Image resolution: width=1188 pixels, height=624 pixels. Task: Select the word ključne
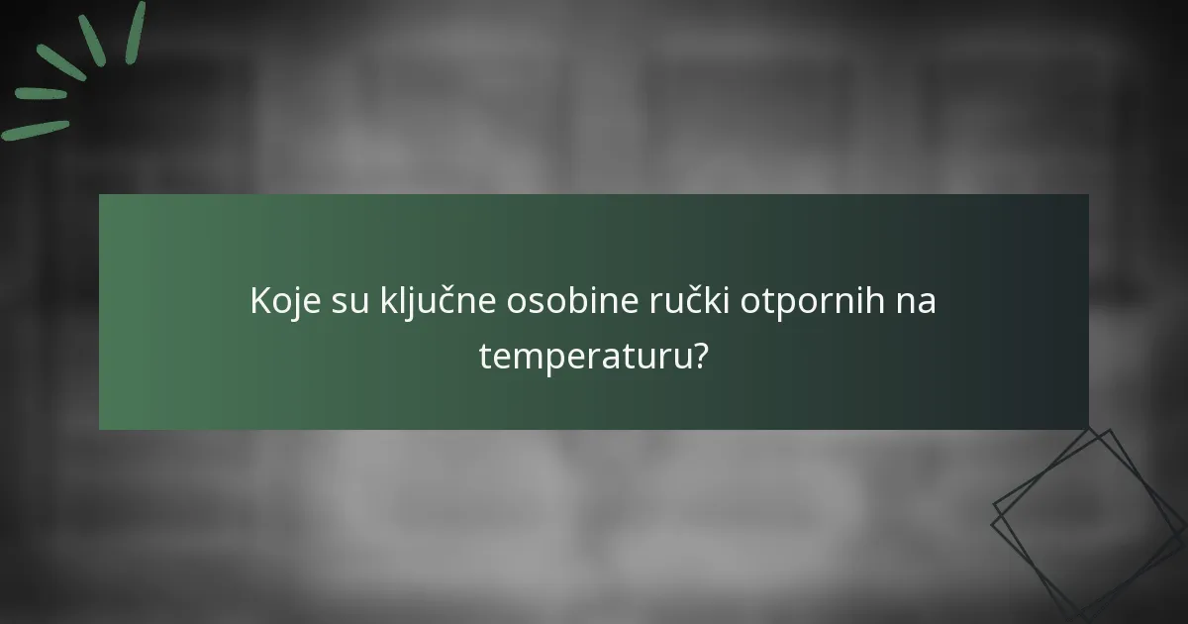tap(438, 301)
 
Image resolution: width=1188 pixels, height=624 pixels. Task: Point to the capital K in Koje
tap(260, 301)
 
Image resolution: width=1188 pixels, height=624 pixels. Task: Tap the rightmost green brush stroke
tap(136, 32)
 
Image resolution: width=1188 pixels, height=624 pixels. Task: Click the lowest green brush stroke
tap(35, 130)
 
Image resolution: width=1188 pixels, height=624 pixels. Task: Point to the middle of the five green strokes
tap(61, 61)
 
